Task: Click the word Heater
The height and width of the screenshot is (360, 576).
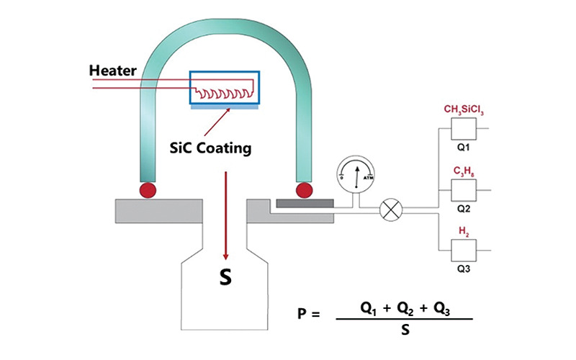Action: [114, 71]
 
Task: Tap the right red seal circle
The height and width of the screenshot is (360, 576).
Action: [305, 190]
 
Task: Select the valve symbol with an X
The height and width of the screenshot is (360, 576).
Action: [391, 210]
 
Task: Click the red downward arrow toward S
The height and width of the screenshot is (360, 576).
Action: [227, 216]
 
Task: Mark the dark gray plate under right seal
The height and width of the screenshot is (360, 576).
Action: [302, 204]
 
